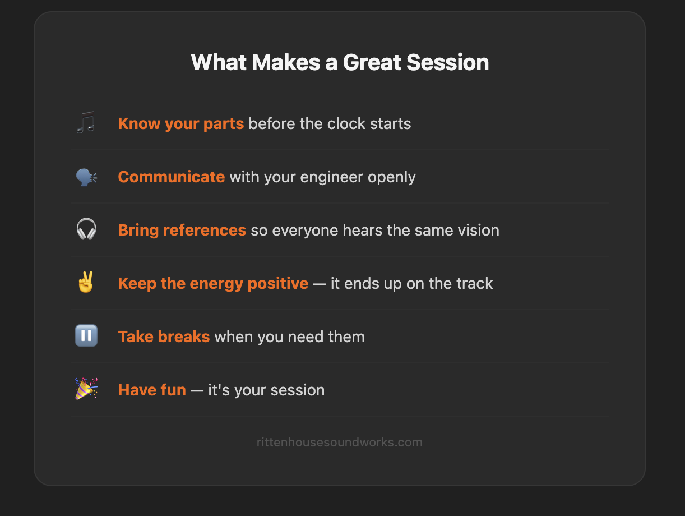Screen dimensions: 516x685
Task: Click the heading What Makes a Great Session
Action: tap(340, 62)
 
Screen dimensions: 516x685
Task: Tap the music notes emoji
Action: tap(86, 123)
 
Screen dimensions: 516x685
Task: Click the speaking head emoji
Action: tap(86, 177)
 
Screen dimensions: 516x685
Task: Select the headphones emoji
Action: tap(86, 230)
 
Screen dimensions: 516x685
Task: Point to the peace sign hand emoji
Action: tap(86, 283)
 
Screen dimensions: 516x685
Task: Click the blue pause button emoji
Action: tap(86, 336)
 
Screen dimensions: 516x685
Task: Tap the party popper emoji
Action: tap(86, 389)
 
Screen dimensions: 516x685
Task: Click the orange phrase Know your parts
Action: tap(180, 123)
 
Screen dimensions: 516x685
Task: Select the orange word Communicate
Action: tap(171, 177)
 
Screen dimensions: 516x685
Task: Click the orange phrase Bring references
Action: tap(182, 230)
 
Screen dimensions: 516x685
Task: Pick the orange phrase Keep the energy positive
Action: tap(213, 283)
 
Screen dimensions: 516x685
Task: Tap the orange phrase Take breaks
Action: tap(164, 337)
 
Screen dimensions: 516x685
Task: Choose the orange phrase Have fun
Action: tap(152, 390)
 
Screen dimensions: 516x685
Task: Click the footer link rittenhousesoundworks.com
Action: tap(340, 442)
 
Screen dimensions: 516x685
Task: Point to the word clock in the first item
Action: tap(340, 123)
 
